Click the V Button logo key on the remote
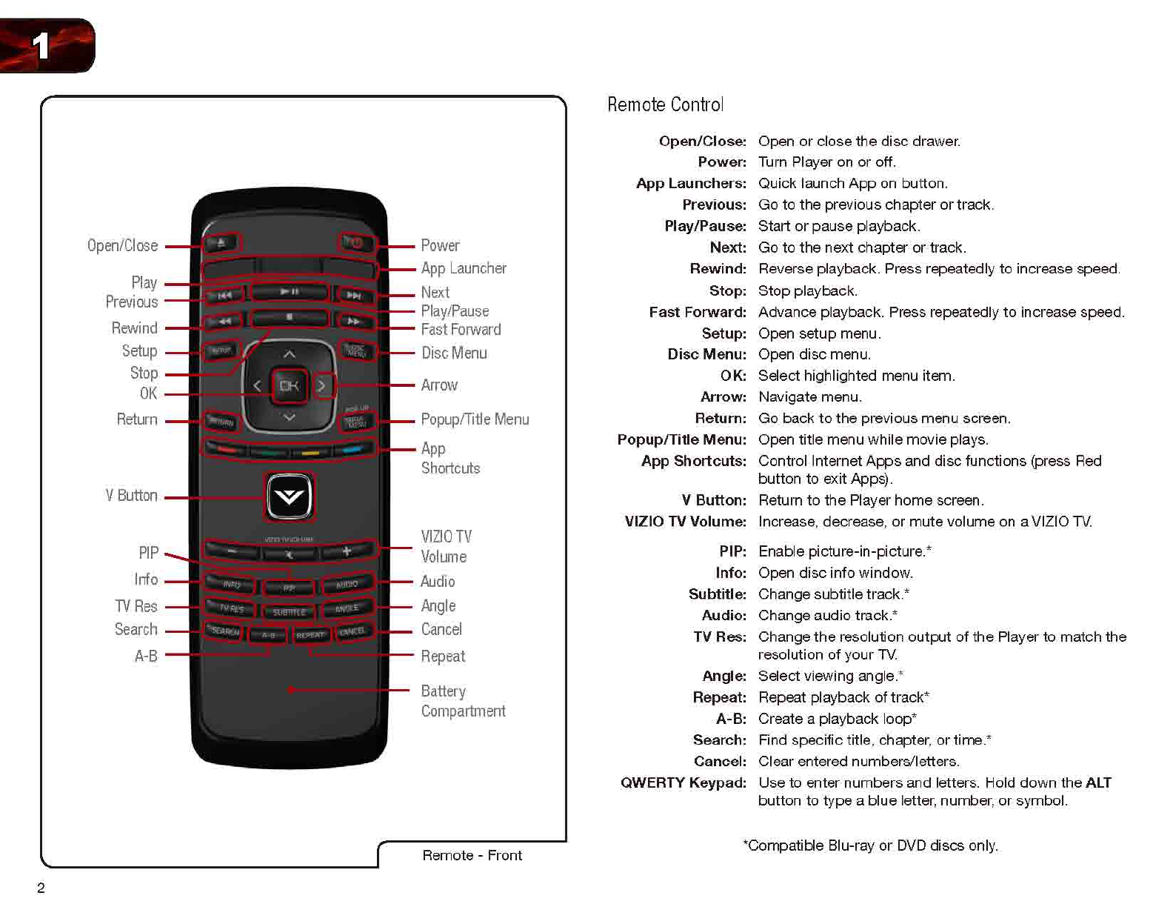pyautogui.click(x=289, y=496)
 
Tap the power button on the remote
pyautogui.click(x=355, y=242)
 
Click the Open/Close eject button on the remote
pyautogui.click(x=221, y=242)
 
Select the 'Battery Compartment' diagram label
pyautogui.click(x=463, y=701)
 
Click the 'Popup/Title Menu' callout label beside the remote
pyautogui.click(x=475, y=419)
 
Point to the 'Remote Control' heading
pyautogui.click(x=665, y=104)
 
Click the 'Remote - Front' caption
pyautogui.click(x=472, y=855)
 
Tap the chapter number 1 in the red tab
pyautogui.click(x=41, y=45)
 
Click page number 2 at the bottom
pyautogui.click(x=41, y=888)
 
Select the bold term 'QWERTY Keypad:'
pyautogui.click(x=683, y=783)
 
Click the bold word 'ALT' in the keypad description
pyautogui.click(x=1098, y=783)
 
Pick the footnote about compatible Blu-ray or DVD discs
pyautogui.click(x=870, y=845)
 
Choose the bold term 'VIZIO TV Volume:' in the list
pyautogui.click(x=685, y=522)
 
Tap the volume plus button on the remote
pyautogui.click(x=347, y=551)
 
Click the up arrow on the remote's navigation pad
pyautogui.click(x=289, y=354)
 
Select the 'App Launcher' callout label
pyautogui.click(x=464, y=268)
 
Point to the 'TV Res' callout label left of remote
pyautogui.click(x=136, y=606)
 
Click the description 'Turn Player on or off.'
pyautogui.click(x=826, y=162)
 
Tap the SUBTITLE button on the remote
pyautogui.click(x=289, y=612)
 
